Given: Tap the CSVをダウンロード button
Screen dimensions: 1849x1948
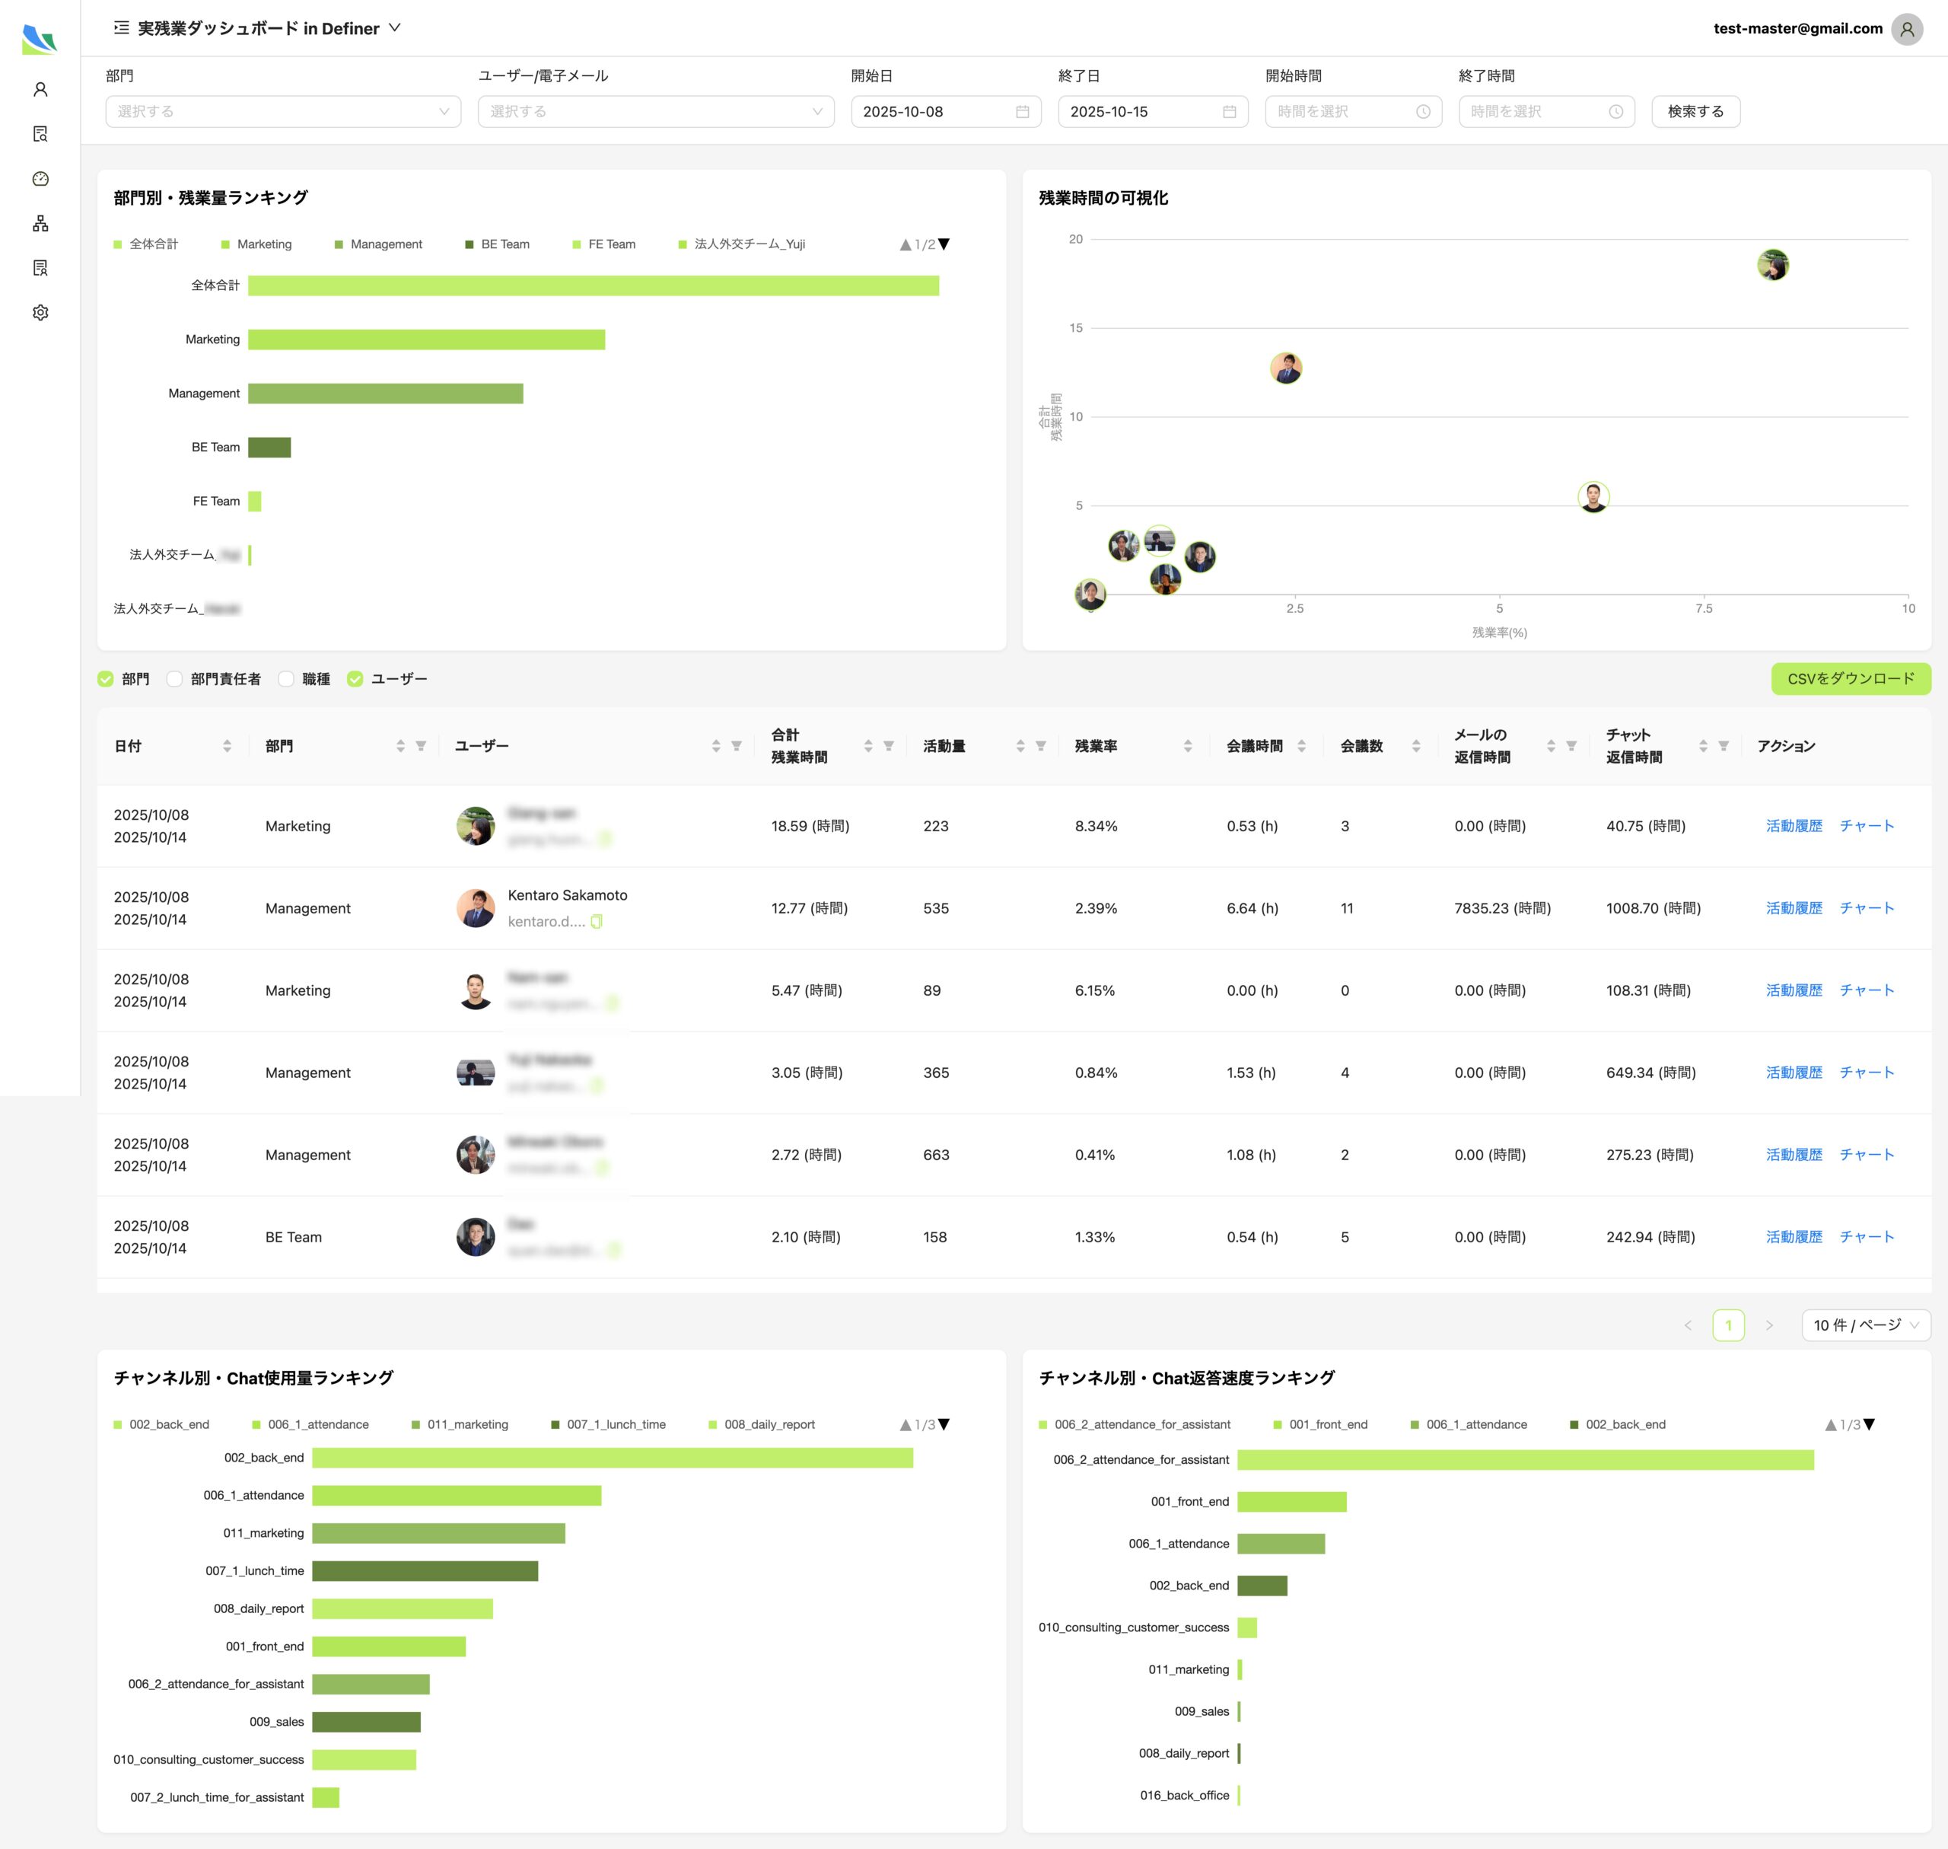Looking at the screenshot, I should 1850,678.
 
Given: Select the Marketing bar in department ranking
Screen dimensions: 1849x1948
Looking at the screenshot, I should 425,339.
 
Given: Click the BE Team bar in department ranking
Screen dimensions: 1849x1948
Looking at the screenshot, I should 269,448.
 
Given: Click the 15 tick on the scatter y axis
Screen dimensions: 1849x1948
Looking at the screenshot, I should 1075,328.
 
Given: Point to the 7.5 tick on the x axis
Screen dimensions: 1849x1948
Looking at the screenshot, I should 1704,609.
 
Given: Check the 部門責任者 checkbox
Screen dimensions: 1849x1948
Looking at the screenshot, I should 174,679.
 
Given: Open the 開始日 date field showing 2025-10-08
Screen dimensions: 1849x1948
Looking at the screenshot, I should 944,111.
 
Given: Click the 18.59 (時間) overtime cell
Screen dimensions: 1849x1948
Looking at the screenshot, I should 809,826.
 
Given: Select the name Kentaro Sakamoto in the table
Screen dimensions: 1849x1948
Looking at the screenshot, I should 567,895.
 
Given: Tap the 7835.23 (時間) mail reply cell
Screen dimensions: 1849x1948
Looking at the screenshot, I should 1501,907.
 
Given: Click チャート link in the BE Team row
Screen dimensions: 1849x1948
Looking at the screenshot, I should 1867,1237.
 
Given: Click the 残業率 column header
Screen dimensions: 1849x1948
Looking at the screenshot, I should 1096,746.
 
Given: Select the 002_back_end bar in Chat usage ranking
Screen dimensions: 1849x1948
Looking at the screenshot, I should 611,1458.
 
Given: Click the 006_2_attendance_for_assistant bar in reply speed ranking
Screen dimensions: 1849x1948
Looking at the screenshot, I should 1524,1460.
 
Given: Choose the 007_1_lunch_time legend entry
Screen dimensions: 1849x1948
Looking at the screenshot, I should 615,1424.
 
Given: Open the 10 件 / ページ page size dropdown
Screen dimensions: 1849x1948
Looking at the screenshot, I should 1864,1325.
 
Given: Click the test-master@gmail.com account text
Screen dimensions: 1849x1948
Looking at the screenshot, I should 1797,29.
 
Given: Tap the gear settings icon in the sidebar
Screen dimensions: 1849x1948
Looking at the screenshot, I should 40,312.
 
